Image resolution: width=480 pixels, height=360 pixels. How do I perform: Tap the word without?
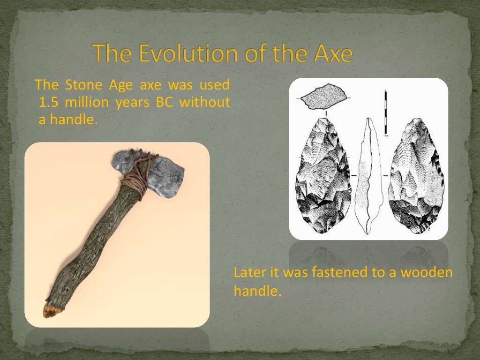coord(204,102)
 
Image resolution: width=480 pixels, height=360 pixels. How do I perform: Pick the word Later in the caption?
coord(248,273)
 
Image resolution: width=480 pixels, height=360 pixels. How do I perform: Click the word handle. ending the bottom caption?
coord(257,291)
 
